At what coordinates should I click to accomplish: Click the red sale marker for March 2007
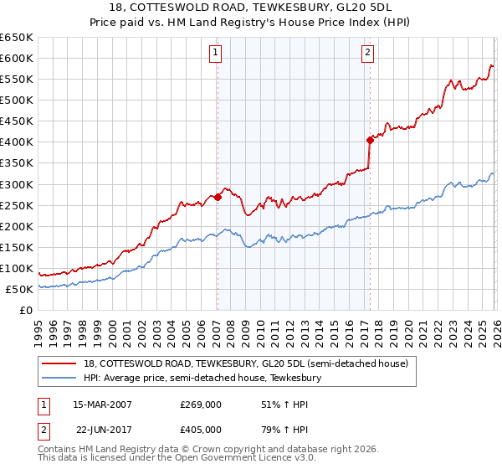218,198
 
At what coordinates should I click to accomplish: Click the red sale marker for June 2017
369,141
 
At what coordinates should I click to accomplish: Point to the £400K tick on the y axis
16,142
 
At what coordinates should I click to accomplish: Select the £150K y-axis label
16,247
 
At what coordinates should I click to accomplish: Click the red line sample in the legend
59,363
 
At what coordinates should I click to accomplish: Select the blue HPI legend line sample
59,378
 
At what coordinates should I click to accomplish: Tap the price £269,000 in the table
200,405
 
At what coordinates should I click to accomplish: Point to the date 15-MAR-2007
102,405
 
